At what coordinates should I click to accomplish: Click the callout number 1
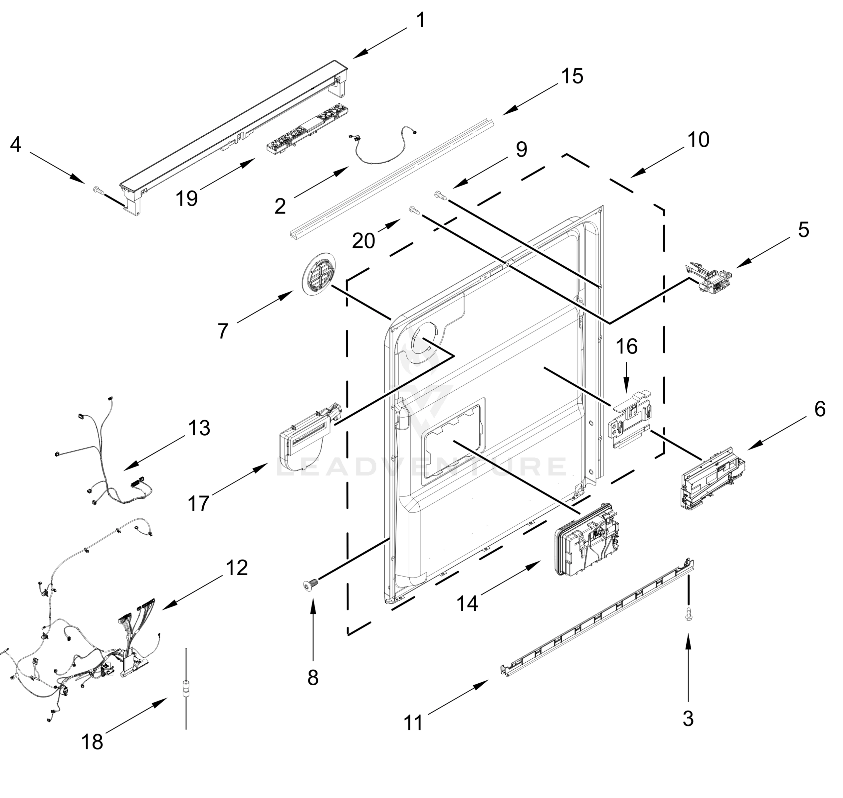coord(420,20)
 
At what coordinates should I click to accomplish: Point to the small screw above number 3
coord(688,614)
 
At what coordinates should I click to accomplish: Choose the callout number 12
coord(237,568)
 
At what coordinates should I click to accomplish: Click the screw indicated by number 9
coord(440,195)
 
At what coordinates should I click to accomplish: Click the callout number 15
coord(572,76)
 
